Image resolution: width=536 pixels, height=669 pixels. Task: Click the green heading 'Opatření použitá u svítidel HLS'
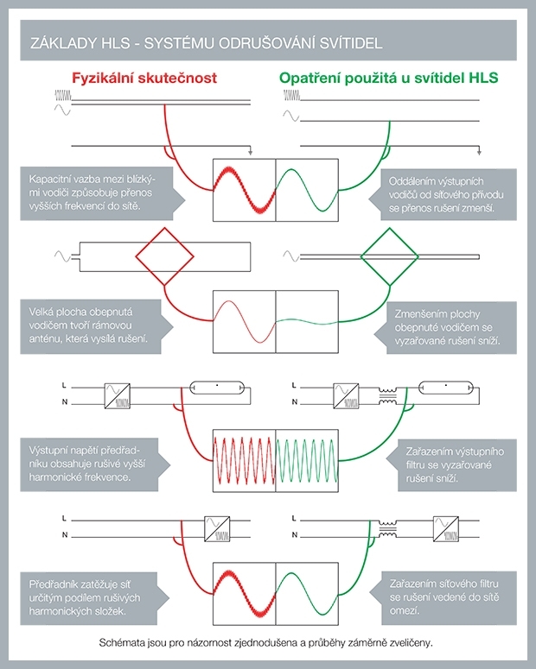tap(388, 78)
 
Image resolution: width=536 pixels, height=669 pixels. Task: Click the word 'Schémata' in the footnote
tap(125, 644)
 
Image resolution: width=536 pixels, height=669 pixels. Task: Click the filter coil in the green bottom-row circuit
tap(399, 524)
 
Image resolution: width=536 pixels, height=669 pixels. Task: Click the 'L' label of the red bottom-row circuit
tap(66, 519)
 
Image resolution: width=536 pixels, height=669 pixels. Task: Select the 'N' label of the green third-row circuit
tap(294, 403)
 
